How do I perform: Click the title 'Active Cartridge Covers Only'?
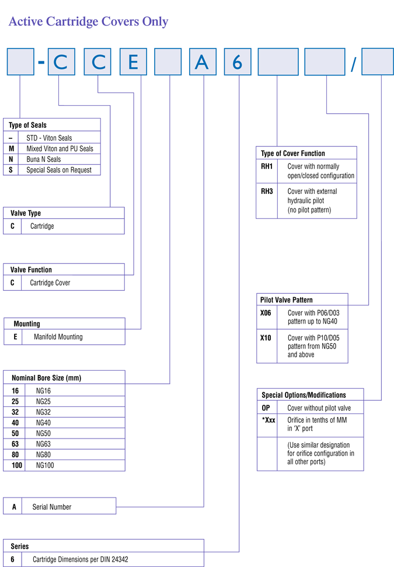[88, 22]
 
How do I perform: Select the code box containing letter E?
[134, 62]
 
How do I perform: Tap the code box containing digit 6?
[238, 62]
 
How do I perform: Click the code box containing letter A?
[203, 62]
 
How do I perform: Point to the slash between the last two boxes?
[354, 64]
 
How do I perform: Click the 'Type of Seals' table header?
[28, 125]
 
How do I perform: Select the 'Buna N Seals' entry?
[43, 159]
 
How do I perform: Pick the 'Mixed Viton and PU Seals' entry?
[60, 149]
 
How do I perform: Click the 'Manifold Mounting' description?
[58, 337]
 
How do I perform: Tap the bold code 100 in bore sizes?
[17, 465]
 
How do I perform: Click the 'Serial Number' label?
[52, 507]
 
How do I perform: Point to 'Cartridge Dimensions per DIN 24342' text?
[80, 559]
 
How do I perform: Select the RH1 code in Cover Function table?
[267, 166]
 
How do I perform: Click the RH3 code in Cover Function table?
[267, 192]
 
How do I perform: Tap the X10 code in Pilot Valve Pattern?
[266, 338]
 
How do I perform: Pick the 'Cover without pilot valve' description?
[319, 408]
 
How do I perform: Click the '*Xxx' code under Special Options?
[269, 420]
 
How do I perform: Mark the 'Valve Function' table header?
[31, 270]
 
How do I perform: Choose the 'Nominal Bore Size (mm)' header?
[46, 378]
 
